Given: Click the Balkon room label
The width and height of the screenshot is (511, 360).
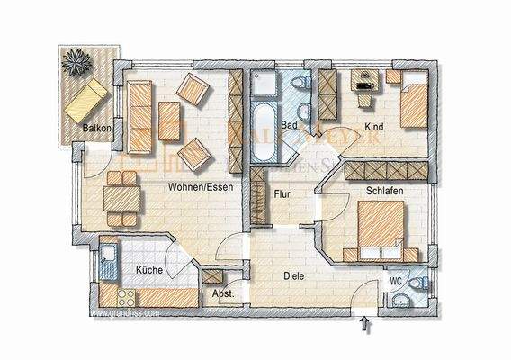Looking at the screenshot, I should click(x=96, y=128).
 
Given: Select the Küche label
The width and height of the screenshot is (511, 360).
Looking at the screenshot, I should click(x=148, y=269).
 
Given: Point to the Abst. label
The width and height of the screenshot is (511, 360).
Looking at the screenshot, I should click(x=222, y=293).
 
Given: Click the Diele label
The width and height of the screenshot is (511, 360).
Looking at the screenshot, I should click(x=295, y=277).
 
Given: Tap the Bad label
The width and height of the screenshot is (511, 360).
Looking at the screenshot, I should click(x=289, y=125).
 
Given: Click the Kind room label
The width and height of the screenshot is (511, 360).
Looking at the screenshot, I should click(x=374, y=128).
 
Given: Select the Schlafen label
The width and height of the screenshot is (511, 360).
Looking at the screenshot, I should click(x=383, y=191).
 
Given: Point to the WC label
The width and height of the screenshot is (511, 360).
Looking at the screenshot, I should click(x=395, y=281).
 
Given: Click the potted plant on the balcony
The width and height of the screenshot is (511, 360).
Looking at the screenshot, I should click(x=75, y=63).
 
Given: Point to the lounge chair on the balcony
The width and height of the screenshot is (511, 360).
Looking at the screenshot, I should click(x=86, y=99).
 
